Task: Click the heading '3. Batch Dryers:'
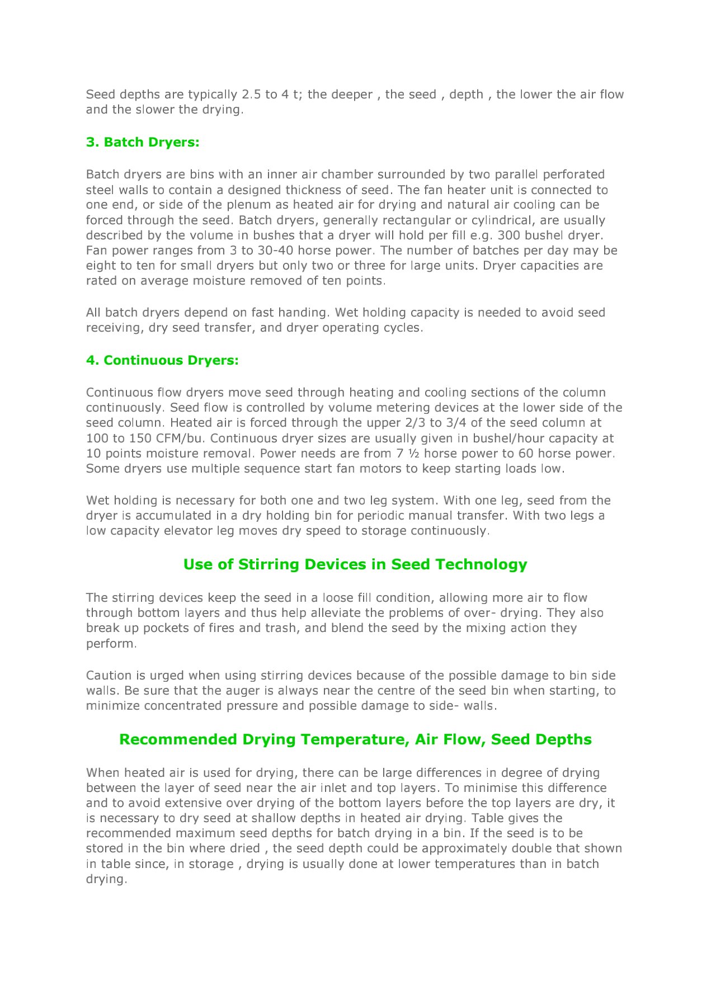(x=143, y=142)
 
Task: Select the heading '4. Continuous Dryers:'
(x=162, y=360)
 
